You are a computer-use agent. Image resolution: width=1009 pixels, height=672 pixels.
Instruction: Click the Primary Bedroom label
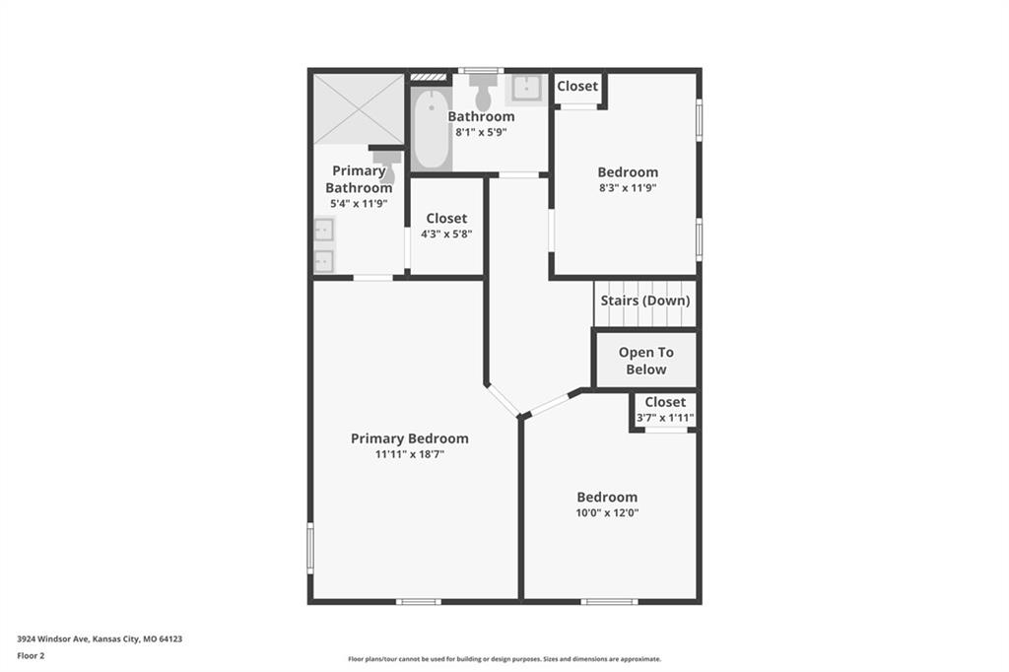coord(409,438)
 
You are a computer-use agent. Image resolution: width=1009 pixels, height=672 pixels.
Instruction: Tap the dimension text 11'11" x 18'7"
coord(409,454)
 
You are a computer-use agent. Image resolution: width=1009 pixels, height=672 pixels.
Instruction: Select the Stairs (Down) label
coord(644,301)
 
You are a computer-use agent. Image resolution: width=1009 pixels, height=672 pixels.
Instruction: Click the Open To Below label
coord(646,361)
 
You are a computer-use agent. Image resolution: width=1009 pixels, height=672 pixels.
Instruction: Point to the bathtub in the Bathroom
coord(432,130)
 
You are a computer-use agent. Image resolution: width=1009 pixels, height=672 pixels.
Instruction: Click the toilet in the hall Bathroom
coord(483,92)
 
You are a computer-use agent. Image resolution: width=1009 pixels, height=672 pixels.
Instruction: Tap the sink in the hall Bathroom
coord(526,89)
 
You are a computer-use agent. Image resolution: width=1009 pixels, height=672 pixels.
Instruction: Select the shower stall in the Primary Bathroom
coord(359,108)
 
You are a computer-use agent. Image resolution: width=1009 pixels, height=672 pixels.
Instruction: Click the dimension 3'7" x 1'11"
coord(665,418)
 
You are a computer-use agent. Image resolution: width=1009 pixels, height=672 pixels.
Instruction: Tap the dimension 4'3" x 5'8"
coord(446,235)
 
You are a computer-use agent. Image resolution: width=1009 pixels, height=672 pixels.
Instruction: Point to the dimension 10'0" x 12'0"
coord(607,513)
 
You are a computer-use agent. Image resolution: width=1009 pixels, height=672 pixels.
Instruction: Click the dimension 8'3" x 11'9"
coord(628,188)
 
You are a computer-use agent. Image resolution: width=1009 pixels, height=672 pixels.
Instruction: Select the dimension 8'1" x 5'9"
coord(481,133)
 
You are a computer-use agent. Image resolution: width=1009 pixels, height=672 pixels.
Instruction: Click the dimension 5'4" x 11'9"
coord(359,203)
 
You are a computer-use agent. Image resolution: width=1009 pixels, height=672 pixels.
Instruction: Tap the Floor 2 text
coord(31,656)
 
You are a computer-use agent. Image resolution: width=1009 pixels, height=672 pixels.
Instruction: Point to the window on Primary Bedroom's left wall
coord(310,548)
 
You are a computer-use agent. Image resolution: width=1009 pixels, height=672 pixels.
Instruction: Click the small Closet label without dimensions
coord(577,87)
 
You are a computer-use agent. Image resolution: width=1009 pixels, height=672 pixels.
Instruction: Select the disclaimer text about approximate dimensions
coord(504,659)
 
